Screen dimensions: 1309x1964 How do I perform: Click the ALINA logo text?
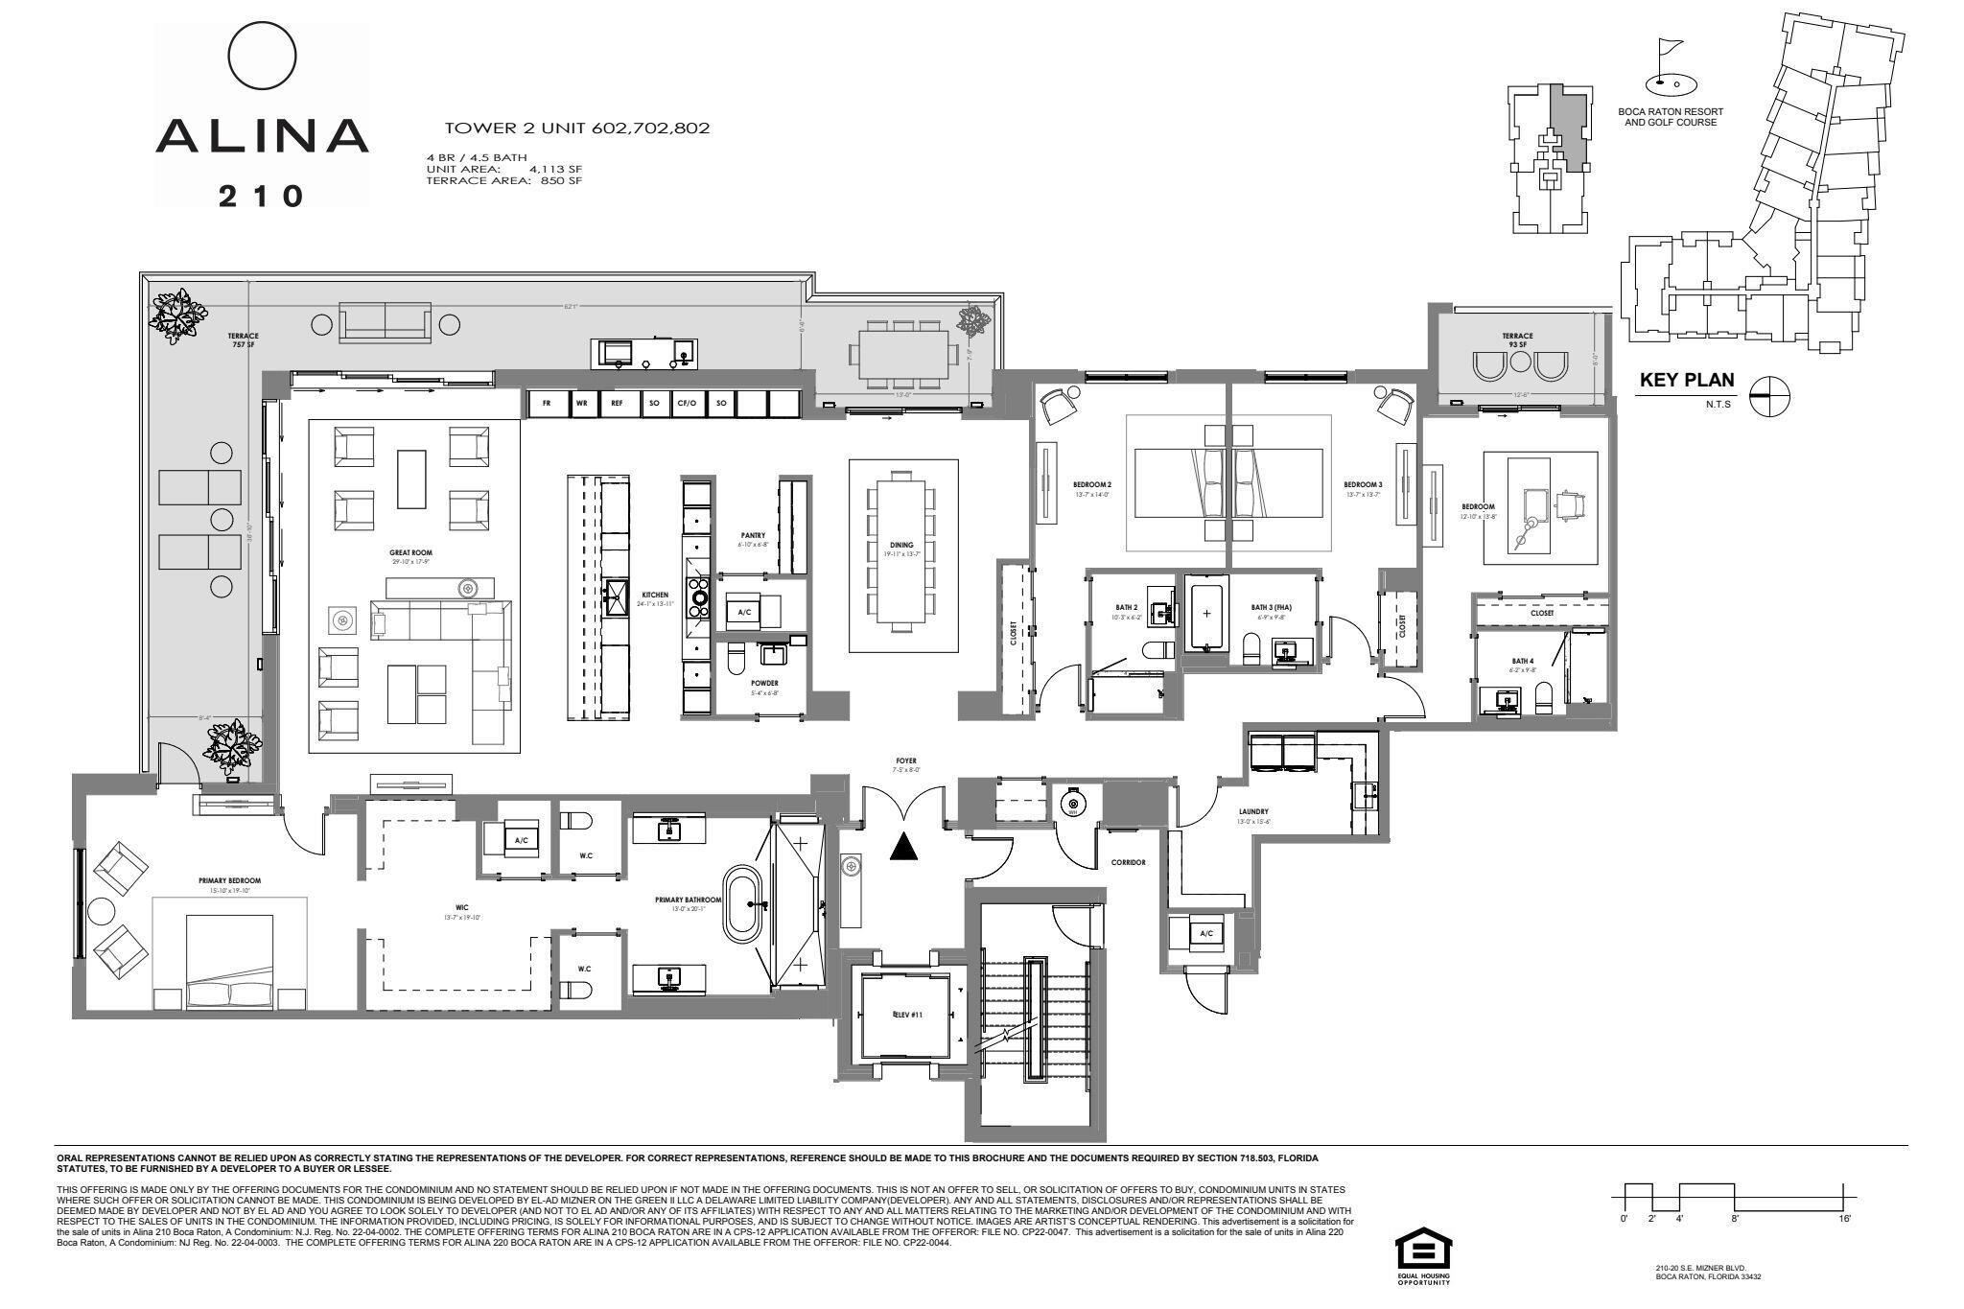tap(262, 136)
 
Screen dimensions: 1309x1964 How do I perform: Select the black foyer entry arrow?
tap(902, 847)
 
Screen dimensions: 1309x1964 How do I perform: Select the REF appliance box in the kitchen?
tap(617, 404)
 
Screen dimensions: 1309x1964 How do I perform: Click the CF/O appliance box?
tap(687, 404)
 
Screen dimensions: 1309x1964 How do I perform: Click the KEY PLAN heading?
tap(1686, 380)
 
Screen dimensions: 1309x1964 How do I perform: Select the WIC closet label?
tap(462, 908)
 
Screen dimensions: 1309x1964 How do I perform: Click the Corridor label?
tap(1128, 862)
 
